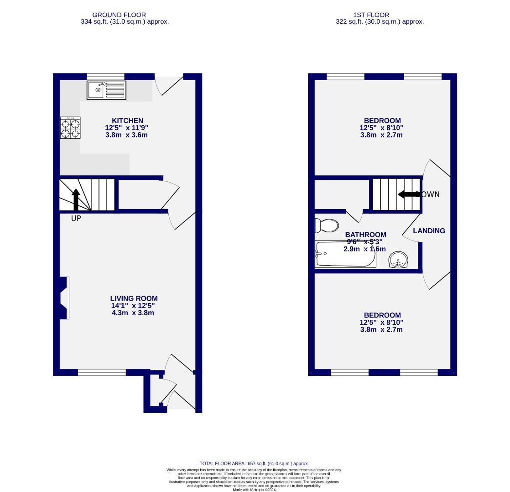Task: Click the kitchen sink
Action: click(x=106, y=90)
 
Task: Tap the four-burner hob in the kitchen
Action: click(x=70, y=128)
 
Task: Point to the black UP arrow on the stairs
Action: click(x=76, y=199)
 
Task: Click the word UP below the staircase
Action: click(x=76, y=219)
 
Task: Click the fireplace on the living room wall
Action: click(x=64, y=298)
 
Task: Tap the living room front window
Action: click(x=102, y=373)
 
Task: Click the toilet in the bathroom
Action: click(x=327, y=225)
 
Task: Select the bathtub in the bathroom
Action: click(x=345, y=254)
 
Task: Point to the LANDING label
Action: click(x=429, y=231)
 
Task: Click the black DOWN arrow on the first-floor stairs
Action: click(x=409, y=195)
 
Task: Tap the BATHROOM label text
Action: click(x=365, y=235)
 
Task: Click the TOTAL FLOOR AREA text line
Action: click(x=254, y=463)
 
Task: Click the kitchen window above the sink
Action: click(x=105, y=76)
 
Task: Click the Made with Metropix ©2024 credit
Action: click(x=254, y=490)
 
